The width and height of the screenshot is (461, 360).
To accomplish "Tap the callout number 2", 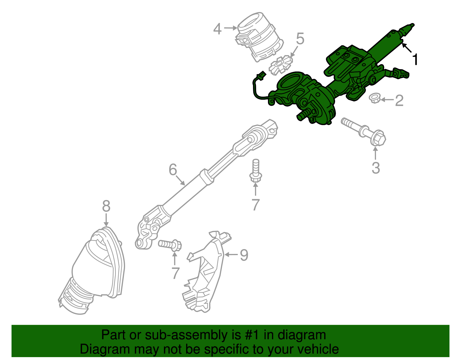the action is click(399, 101).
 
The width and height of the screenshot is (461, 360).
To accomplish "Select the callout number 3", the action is click(376, 168).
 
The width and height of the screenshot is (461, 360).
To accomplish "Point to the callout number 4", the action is click(218, 29).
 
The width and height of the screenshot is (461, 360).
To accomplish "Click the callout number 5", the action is click(300, 39).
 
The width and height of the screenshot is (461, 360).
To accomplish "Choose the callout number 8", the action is click(106, 206).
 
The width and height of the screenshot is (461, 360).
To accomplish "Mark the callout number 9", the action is click(244, 255).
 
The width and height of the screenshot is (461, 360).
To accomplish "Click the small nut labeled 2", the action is click(375, 99).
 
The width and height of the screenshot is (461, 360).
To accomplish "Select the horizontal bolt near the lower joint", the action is click(170, 245).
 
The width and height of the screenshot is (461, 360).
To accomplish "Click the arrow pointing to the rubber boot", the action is click(106, 220).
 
